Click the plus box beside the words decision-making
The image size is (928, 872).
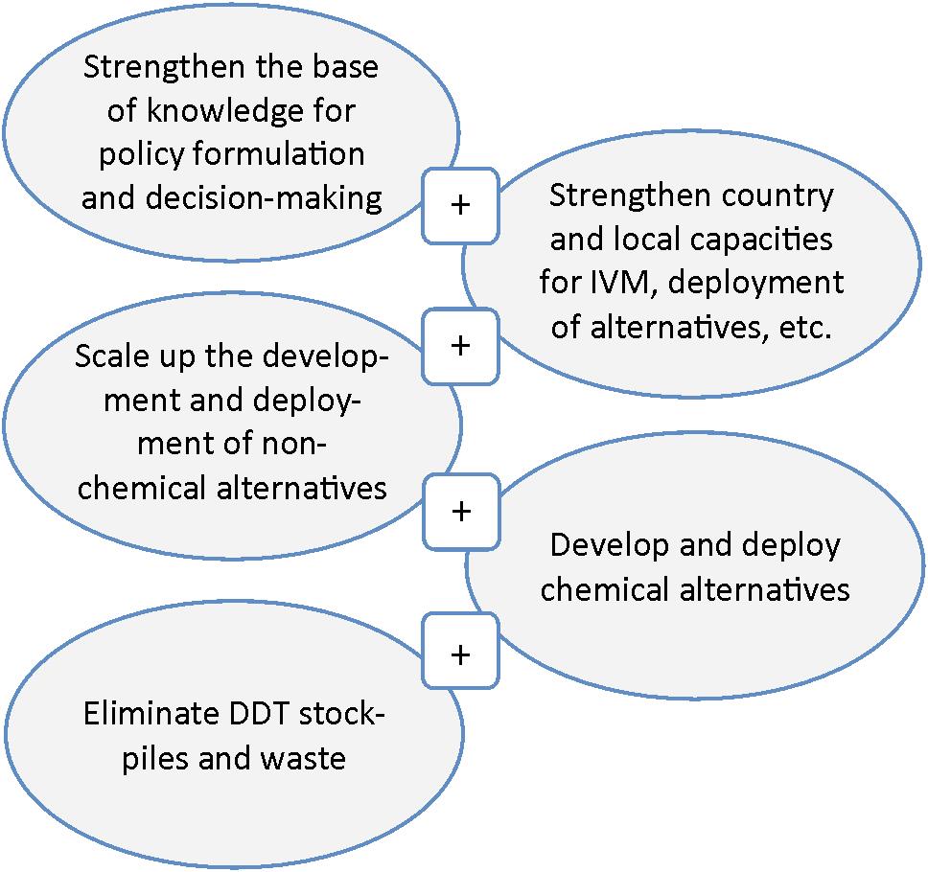(460, 206)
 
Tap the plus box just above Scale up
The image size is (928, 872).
(460, 345)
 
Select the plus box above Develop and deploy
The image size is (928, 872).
(460, 511)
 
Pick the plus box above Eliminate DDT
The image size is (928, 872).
(460, 654)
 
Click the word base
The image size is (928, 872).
(343, 69)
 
